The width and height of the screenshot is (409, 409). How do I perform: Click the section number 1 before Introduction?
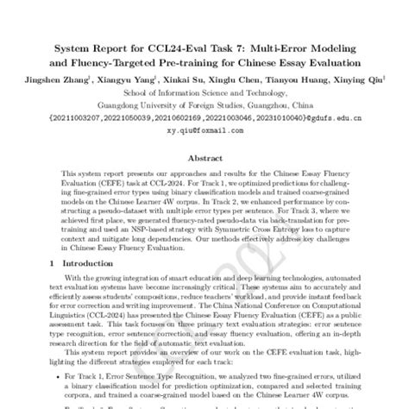(52, 262)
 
